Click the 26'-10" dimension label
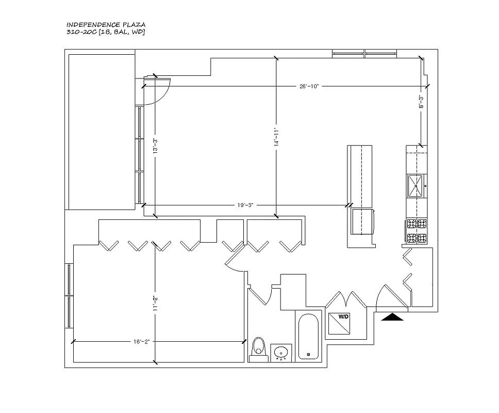point(309,86)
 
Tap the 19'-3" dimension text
point(245,205)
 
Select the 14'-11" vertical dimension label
point(276,137)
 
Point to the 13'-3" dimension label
point(155,146)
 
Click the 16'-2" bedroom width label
point(141,342)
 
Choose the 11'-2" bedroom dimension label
point(155,304)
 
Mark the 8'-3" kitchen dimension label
point(421,102)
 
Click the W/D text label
point(343,317)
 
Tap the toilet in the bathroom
point(258,350)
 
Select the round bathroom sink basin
point(281,353)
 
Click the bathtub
point(308,337)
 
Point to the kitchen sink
point(415,186)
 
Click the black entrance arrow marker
point(392,317)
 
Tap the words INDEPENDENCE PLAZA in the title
point(106,25)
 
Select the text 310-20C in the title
point(81,32)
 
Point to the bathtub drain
point(308,354)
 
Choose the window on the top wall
point(364,54)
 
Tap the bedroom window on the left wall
point(69,296)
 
